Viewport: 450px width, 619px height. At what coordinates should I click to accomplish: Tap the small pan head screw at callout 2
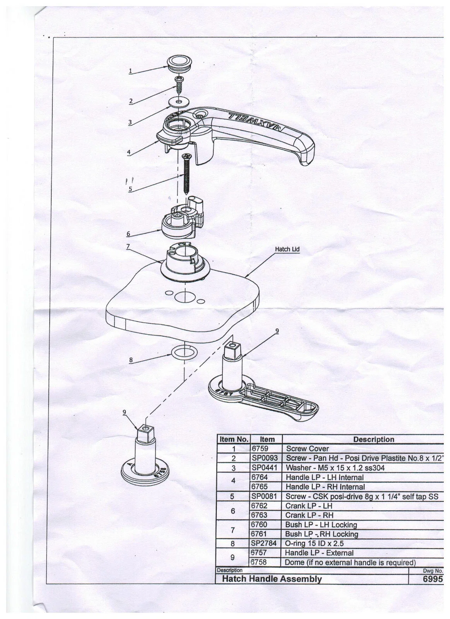pyautogui.click(x=178, y=86)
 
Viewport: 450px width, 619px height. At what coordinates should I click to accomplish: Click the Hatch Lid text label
pyautogui.click(x=287, y=249)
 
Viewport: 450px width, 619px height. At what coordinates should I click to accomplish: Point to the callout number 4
pyautogui.click(x=129, y=152)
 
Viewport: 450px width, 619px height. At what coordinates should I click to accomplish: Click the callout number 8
pyautogui.click(x=131, y=360)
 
